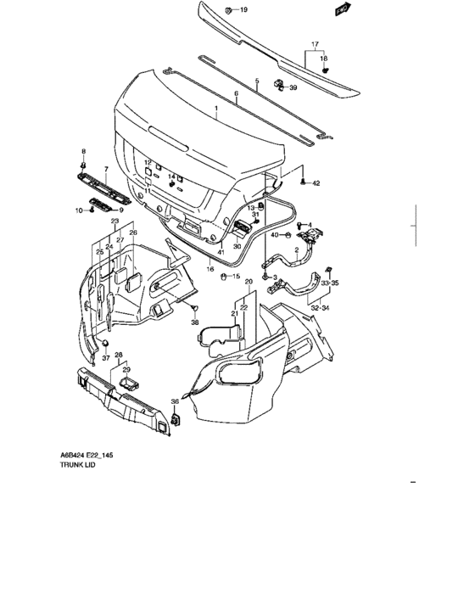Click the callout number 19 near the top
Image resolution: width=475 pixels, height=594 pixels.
243,10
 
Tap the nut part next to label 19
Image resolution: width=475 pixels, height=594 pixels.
229,9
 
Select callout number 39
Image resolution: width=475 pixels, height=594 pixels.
293,87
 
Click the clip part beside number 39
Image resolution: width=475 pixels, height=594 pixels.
278,84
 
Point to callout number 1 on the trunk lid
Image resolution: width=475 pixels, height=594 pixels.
215,109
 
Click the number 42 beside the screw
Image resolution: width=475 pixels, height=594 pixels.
316,183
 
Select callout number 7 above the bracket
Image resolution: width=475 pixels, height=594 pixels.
106,169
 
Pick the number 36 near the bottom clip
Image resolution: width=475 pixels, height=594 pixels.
175,402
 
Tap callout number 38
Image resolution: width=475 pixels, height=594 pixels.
194,322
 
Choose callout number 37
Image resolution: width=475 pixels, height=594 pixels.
106,358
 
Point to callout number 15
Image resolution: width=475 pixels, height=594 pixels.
237,277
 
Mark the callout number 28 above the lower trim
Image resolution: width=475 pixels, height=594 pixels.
119,355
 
